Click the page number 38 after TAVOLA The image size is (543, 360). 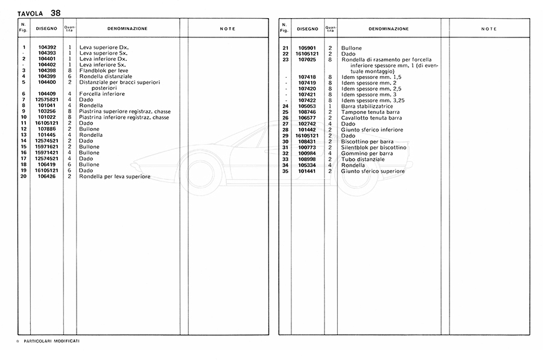56,12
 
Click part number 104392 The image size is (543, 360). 47,47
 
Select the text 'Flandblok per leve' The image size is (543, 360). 104,71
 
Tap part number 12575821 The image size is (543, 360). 47,100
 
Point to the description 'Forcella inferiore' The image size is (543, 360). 102,94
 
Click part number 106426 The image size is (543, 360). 47,177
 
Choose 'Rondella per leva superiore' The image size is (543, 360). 115,177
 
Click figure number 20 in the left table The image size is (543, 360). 24,177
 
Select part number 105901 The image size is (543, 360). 308,48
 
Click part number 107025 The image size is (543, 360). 308,59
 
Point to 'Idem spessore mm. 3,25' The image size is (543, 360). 372,100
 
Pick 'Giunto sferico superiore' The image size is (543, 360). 373,171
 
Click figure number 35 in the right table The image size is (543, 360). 286,171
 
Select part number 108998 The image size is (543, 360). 308,159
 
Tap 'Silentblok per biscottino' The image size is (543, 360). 374,148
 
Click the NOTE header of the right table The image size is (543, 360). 489,28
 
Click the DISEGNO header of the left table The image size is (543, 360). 46,28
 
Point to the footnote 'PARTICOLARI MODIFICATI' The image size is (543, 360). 52,341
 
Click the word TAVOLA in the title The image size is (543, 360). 30,13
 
